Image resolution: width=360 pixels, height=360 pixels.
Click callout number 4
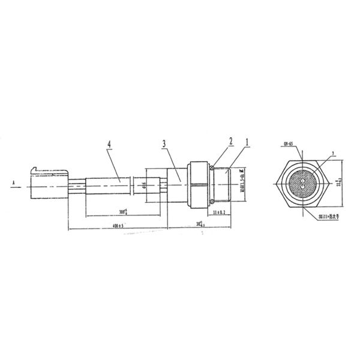coord(109,145)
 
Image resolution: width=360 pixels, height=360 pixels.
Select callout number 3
coord(164,145)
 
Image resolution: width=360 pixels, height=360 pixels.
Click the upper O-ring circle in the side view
coord(212,168)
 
